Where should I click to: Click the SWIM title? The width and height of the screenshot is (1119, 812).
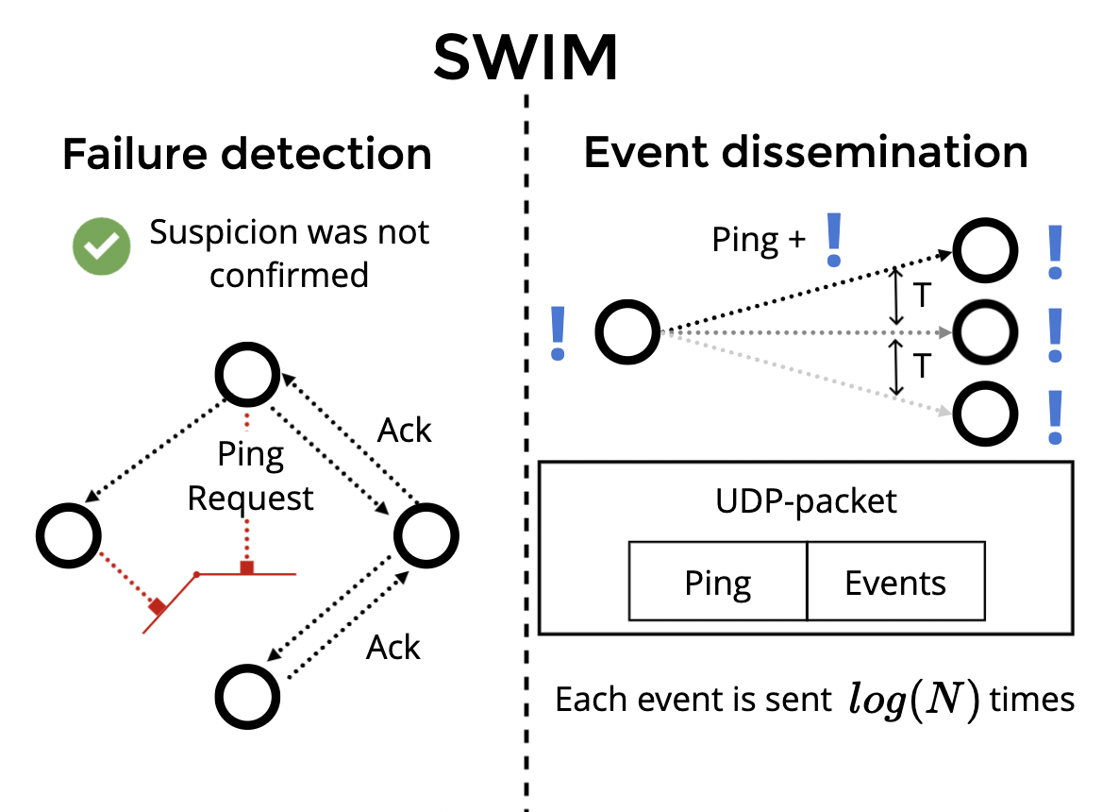tap(526, 59)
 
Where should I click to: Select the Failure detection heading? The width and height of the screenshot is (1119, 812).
tap(247, 154)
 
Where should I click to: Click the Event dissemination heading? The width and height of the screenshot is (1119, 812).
tap(805, 152)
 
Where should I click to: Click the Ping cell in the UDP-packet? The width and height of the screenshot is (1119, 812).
tap(718, 583)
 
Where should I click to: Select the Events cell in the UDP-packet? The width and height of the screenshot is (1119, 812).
tap(895, 583)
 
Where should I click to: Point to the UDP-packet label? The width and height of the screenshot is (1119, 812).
tap(805, 500)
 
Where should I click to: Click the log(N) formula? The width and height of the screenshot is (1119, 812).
tap(907, 700)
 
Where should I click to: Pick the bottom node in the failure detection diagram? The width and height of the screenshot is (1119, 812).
tap(248, 696)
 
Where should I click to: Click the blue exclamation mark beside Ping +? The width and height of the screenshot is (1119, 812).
tap(833, 239)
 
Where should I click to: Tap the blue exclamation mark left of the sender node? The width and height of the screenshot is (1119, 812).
tap(559, 333)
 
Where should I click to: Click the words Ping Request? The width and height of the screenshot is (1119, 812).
tap(251, 477)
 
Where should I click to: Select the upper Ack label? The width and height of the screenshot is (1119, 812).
tap(405, 431)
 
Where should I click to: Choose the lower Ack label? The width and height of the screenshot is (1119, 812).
tap(393, 648)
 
